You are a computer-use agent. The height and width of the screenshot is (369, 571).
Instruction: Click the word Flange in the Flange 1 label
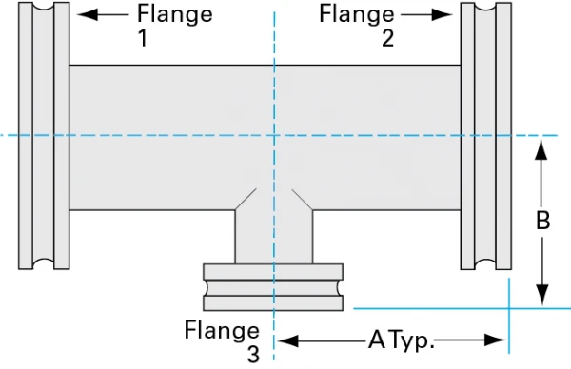(175, 14)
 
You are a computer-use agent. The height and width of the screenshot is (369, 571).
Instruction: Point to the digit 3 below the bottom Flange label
(252, 355)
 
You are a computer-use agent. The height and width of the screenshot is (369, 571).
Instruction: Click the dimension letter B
(541, 222)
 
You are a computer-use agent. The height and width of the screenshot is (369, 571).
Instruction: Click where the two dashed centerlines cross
(275, 135)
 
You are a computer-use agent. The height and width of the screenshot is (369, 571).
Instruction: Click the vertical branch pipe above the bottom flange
(275, 236)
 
